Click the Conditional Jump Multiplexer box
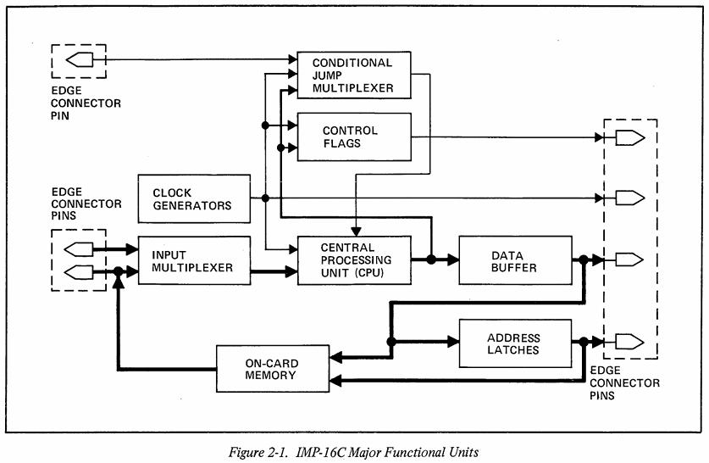point(352,75)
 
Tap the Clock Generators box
point(194,198)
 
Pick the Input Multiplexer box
point(194,261)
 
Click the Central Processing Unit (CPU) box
point(352,261)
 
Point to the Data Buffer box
point(514,261)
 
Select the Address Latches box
point(514,343)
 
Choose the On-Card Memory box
point(270,369)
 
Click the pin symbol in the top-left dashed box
point(80,60)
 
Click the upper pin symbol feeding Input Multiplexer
point(80,250)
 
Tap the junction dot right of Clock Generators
point(266,198)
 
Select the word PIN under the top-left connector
point(64,115)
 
